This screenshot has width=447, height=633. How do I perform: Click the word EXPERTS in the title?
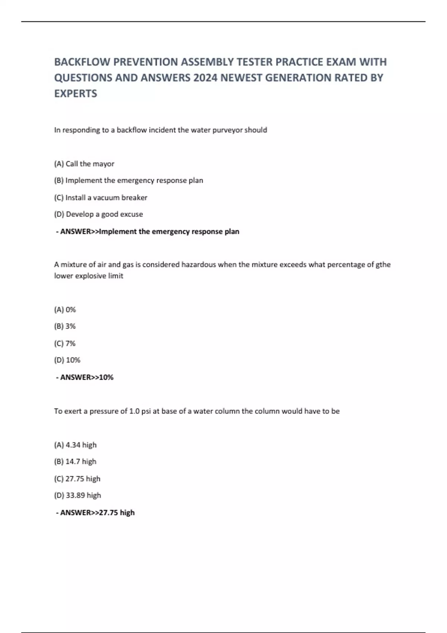76,93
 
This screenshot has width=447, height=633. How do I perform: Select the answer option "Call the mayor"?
84,164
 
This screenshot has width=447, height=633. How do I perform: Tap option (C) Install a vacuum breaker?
101,198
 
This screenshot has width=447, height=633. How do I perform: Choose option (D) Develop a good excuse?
98,214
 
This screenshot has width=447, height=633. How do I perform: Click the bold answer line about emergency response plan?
148,232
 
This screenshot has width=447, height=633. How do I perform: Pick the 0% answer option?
65,310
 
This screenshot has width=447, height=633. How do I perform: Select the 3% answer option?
65,327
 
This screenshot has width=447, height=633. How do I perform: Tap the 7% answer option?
65,344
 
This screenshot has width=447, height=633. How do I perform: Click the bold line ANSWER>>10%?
85,378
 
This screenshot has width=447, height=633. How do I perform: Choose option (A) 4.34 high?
75,445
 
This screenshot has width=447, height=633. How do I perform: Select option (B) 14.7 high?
75,462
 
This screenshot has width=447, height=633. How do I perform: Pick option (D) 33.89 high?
77,496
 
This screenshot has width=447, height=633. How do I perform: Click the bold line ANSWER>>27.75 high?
95,513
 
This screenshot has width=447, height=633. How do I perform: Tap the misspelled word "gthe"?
383,265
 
